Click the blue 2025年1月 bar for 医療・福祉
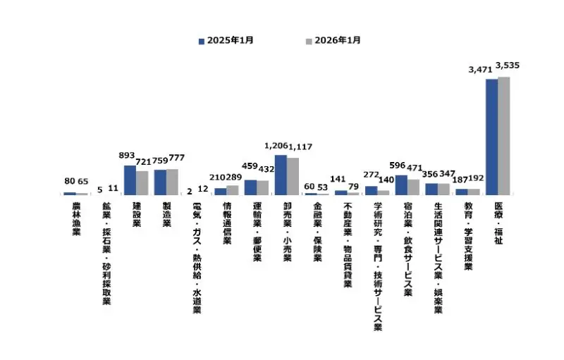(491, 137)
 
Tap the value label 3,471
(482, 70)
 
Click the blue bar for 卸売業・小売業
(281, 175)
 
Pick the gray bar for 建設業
(142, 182)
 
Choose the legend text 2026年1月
(337, 41)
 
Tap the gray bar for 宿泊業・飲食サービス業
(413, 187)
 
